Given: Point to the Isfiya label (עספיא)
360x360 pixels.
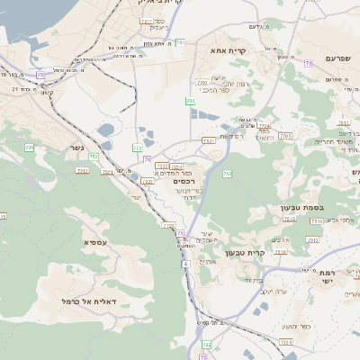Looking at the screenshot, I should (96, 242).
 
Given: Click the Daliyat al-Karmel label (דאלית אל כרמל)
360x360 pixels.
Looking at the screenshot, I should (96, 301).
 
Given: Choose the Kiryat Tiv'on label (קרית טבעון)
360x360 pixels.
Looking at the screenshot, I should (268, 253).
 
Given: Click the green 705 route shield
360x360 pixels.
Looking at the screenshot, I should (30, 147).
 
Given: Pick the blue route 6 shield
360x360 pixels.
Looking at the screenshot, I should (185, 264).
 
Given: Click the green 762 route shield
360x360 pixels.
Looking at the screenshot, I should (228, 173).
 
